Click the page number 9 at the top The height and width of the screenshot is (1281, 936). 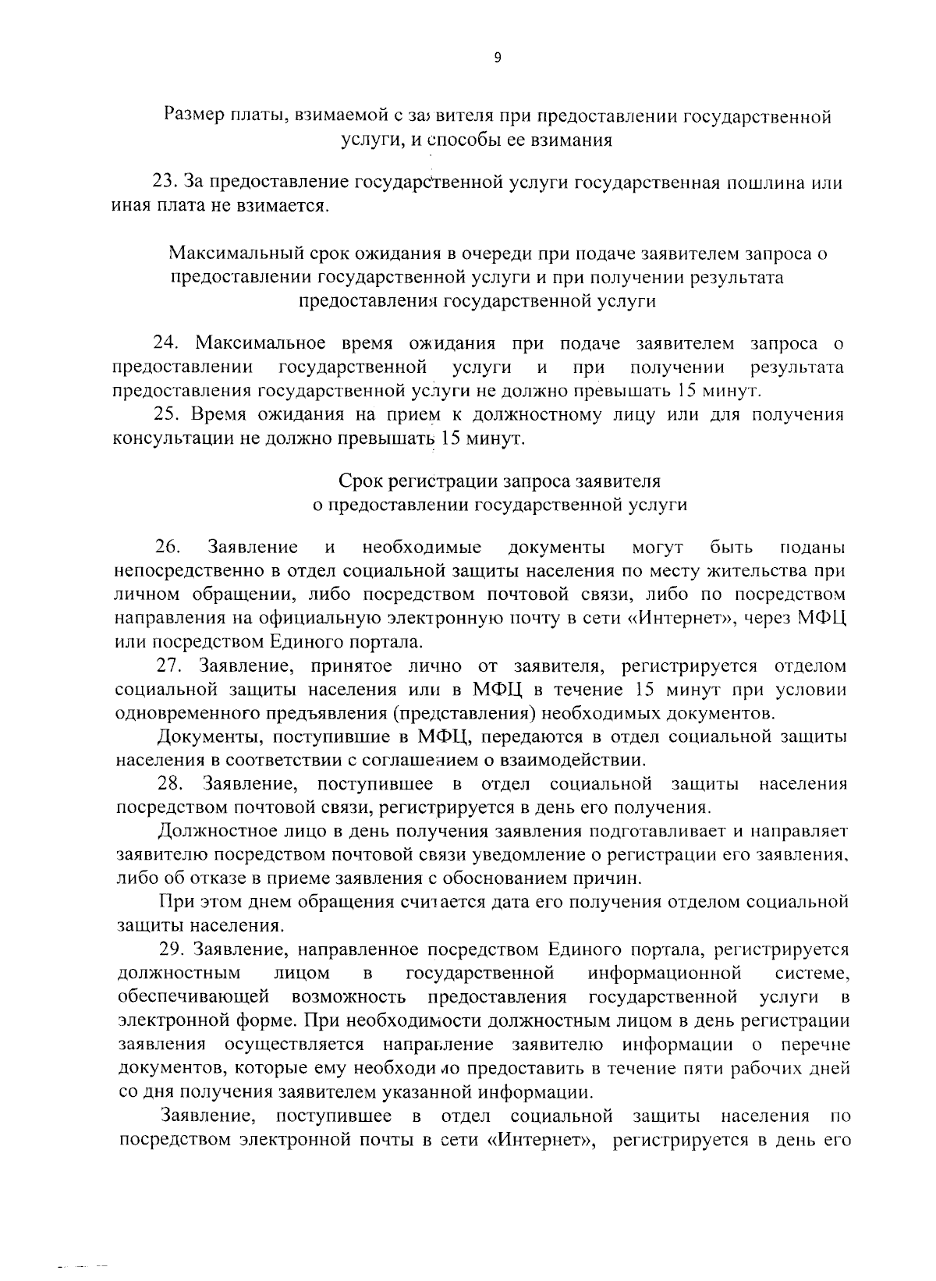pyautogui.click(x=498, y=57)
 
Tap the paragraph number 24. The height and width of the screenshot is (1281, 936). pyautogui.click(x=166, y=343)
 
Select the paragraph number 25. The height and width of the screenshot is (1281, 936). pyautogui.click(x=166, y=415)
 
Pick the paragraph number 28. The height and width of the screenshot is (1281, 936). pyautogui.click(x=171, y=783)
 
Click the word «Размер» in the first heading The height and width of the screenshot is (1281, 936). pyautogui.click(x=193, y=117)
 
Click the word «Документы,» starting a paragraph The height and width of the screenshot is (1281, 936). pyautogui.click(x=203, y=736)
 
